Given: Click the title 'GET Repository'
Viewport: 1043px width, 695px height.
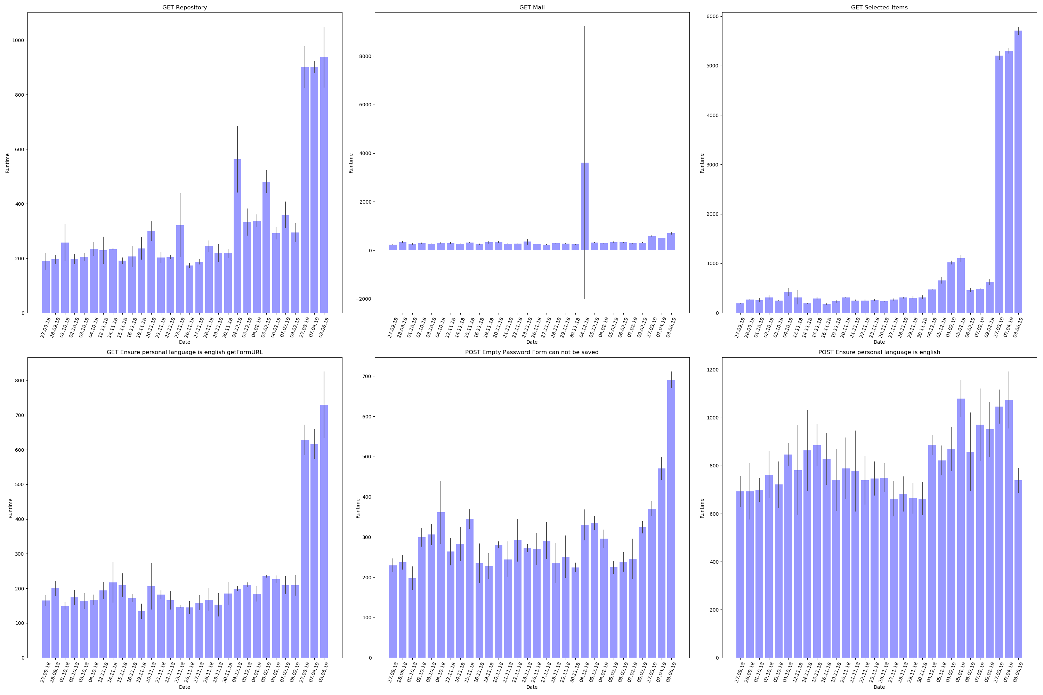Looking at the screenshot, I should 185,8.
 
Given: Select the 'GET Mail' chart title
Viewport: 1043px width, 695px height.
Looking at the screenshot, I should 532,8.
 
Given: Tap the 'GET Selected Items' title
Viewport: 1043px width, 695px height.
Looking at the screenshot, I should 879,8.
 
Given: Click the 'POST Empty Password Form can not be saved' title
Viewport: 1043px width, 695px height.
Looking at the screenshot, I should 532,352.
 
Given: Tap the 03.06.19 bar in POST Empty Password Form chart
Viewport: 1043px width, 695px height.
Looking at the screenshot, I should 671,518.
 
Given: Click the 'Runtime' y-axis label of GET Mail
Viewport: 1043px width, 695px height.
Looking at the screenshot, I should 351,163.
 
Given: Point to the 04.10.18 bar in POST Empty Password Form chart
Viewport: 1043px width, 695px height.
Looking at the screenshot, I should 441,585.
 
